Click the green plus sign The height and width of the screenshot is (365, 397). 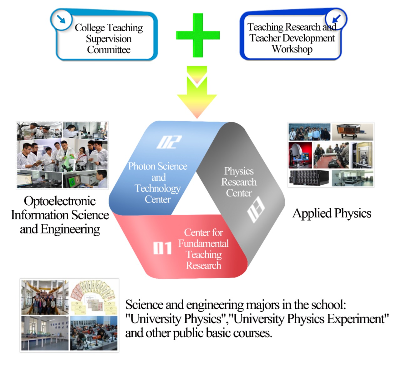coord(198,35)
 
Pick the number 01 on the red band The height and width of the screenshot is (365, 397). coord(162,248)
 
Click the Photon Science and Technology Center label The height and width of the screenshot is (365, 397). coord(158,182)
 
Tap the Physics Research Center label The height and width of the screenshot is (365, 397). coord(239,182)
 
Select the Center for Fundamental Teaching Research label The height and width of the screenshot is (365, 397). coord(203,249)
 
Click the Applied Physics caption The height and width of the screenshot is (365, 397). coord(332,213)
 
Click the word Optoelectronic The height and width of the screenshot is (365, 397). coord(60,201)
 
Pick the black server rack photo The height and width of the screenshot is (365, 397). coord(308,178)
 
